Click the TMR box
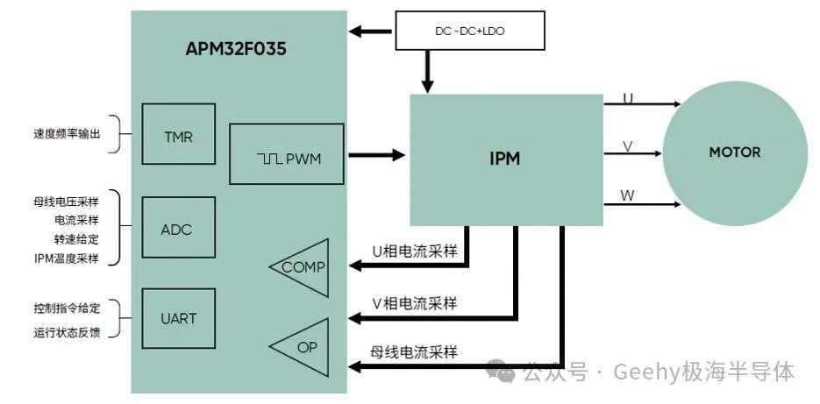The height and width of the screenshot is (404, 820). (x=178, y=137)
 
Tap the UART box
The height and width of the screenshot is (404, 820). (x=178, y=318)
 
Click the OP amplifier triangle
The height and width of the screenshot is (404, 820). (x=303, y=347)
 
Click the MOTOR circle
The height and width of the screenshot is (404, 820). (x=734, y=152)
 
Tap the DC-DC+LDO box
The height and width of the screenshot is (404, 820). (x=470, y=31)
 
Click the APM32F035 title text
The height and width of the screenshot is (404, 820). (x=235, y=48)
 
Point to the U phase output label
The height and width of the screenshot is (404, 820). (x=628, y=98)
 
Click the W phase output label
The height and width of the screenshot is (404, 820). (x=628, y=195)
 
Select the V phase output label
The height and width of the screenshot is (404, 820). (x=628, y=146)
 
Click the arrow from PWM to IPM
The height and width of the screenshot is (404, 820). (x=377, y=156)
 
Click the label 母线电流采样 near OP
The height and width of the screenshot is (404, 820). (x=414, y=352)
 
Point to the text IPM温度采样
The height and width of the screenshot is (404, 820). (x=67, y=258)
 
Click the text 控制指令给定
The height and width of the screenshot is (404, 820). (x=67, y=308)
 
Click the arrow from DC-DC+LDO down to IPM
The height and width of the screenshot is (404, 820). (x=428, y=71)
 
